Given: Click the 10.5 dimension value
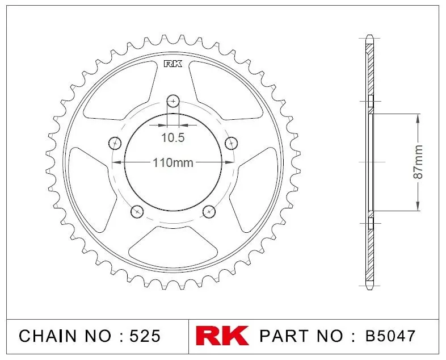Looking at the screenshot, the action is coord(173,138).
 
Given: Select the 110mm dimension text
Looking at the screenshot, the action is coord(173,163).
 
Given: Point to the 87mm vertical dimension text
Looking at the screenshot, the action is coord(418,162).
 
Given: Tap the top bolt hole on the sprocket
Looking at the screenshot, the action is coord(173,101).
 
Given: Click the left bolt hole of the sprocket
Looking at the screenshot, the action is coord(115,143).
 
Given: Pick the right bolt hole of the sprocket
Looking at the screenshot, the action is coord(232,143).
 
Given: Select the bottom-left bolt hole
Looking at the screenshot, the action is coord(137,211).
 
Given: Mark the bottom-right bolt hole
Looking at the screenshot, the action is coord(209,211).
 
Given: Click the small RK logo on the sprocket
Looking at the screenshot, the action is coord(173,64).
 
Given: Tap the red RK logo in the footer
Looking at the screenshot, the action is coord(222,336).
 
